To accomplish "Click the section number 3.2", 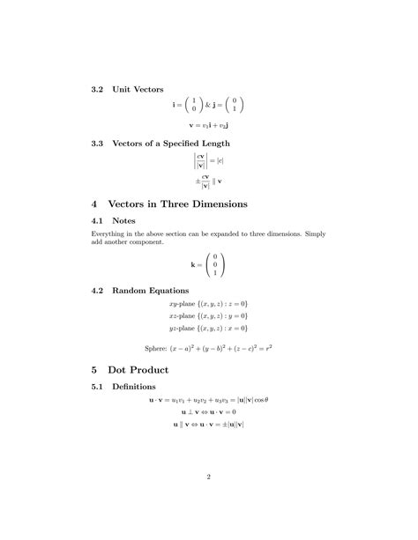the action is [98, 89].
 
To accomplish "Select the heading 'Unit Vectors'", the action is [133, 89].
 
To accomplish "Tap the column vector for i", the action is [193, 106].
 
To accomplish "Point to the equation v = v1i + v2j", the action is [209, 126].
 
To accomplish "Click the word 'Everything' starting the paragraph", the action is [110, 233].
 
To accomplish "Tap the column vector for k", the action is [214, 264].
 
